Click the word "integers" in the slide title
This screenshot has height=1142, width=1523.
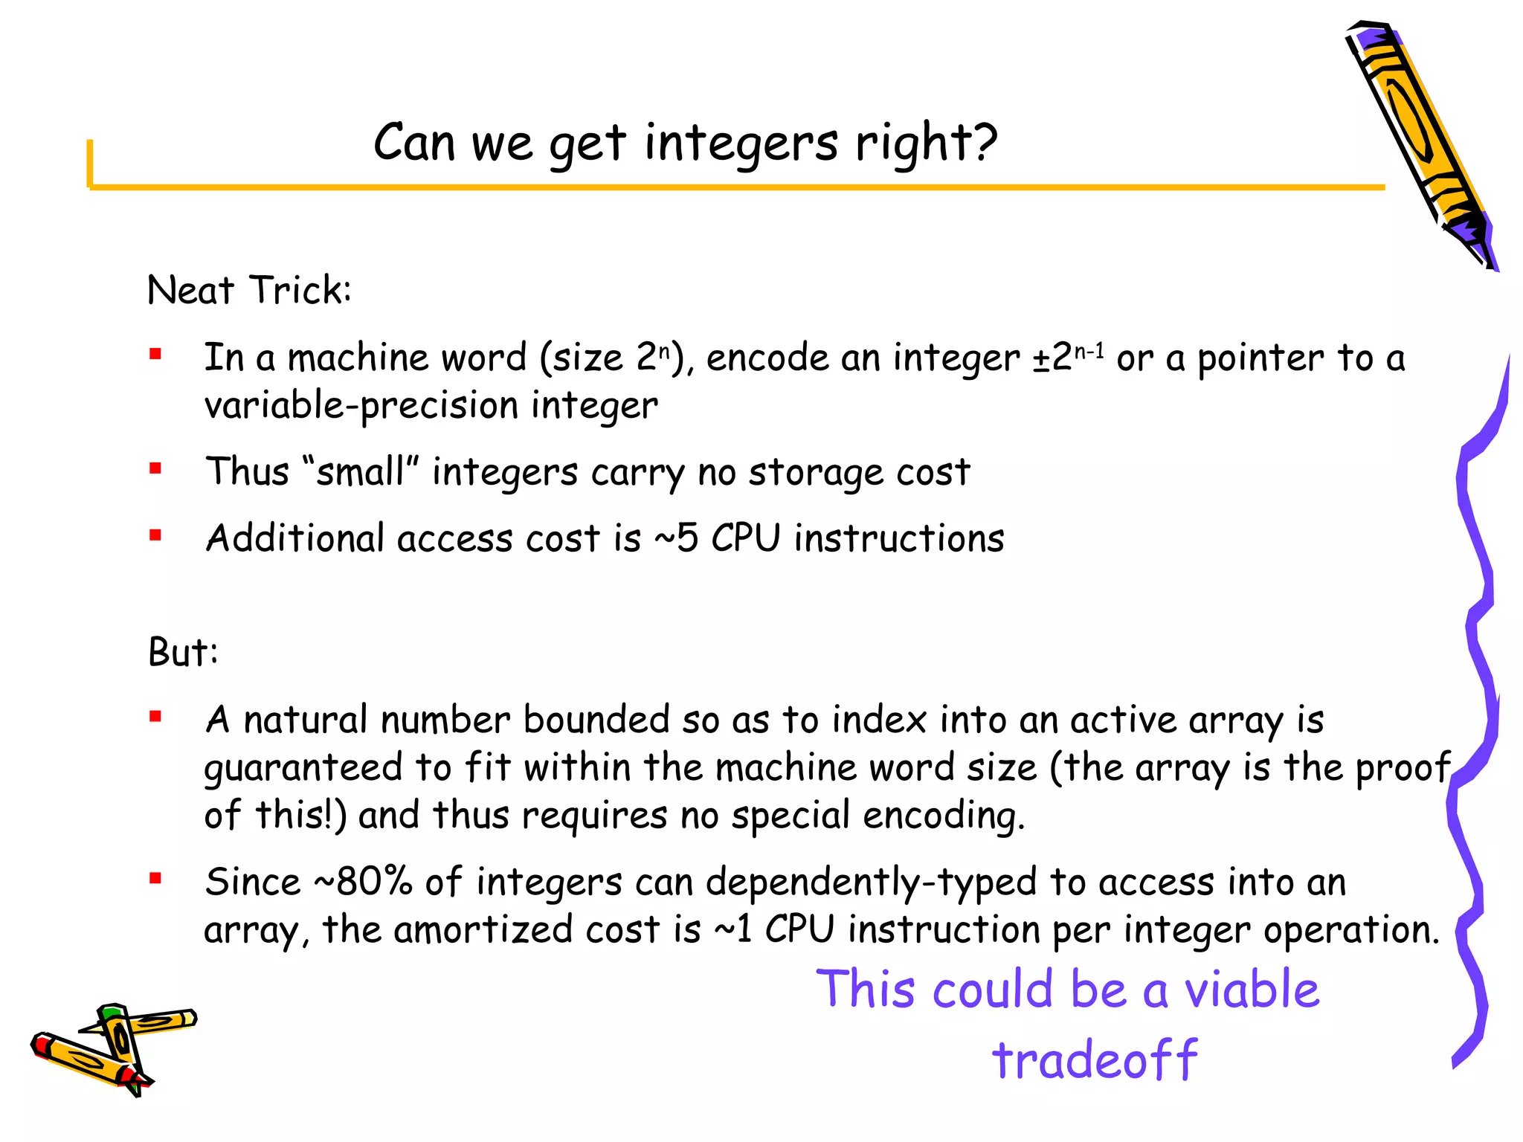coord(741,143)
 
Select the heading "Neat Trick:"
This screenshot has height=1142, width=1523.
coord(248,290)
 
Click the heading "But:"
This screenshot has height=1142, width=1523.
coord(183,652)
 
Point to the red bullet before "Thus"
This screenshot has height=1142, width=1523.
coord(155,468)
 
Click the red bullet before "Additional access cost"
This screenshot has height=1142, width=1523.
coord(155,535)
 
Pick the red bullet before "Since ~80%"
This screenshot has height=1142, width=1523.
coord(155,879)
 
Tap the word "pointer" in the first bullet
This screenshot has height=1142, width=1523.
coord(1260,358)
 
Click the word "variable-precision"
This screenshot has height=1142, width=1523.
coord(361,406)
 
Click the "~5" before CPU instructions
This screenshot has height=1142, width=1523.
coord(676,538)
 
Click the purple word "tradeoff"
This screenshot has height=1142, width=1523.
coord(1094,1059)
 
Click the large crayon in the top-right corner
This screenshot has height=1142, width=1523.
coord(1421,141)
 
